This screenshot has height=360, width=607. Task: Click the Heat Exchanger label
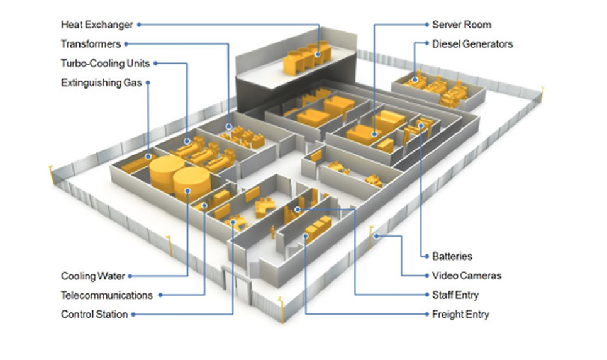97,25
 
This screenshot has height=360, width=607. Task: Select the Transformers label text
91,43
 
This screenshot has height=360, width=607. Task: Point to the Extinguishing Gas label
101,82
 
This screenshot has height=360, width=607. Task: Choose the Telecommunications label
106,295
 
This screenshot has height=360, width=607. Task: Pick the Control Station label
94,314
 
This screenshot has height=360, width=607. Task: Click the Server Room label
461,25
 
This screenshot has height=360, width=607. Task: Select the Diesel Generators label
472,43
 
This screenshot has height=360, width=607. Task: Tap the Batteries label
452,256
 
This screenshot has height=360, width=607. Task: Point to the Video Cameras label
466,276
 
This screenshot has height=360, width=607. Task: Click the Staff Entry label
455,295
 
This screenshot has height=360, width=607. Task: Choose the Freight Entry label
460,314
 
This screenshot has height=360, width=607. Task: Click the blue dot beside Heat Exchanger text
138,25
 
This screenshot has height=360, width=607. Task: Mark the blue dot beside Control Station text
133,314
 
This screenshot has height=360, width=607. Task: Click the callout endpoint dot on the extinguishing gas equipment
148,157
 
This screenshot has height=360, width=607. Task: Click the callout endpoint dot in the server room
374,133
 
